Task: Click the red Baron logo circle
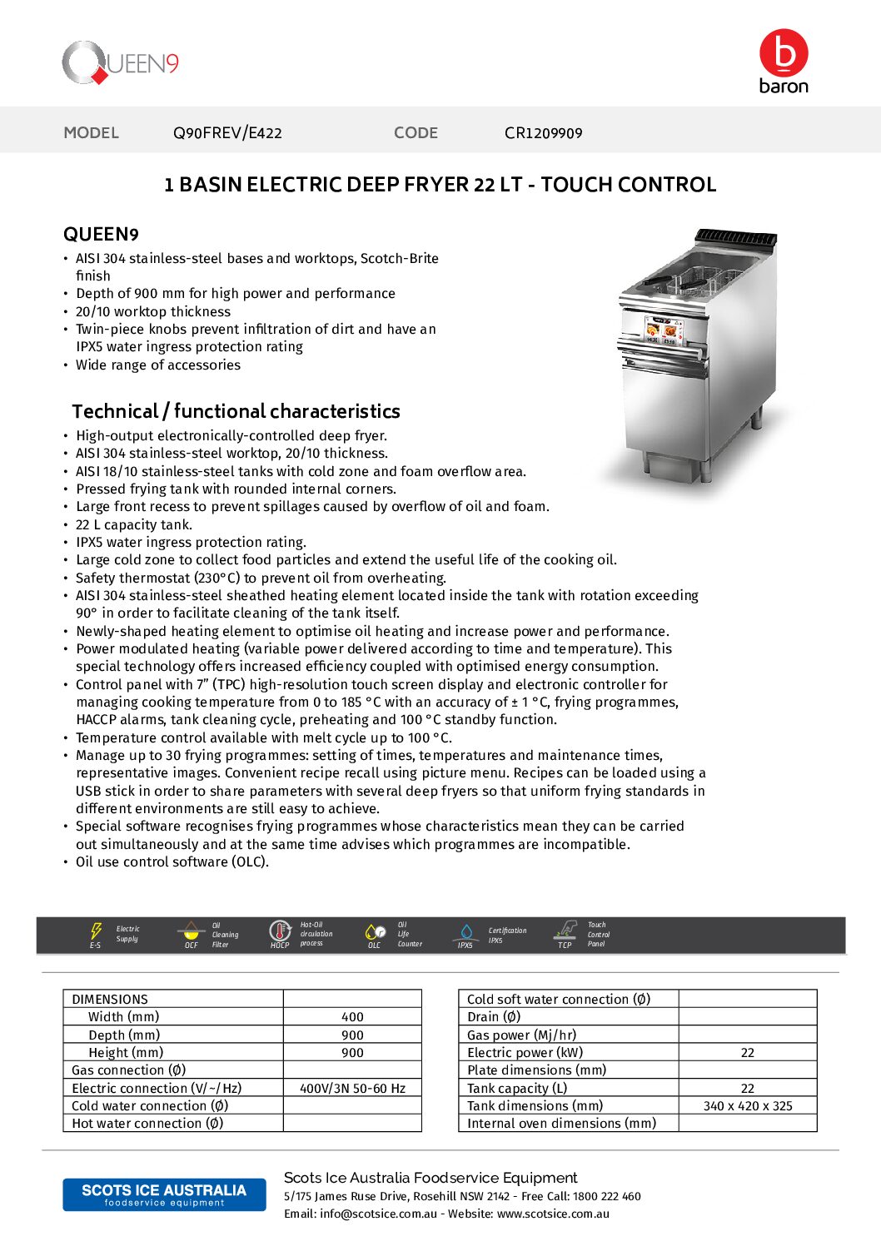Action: [783, 53]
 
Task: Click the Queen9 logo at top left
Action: [120, 63]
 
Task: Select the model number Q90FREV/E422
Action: [227, 132]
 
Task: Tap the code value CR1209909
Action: [543, 132]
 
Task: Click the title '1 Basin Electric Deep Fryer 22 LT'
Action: [440, 184]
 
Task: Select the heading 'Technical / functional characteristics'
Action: [236, 411]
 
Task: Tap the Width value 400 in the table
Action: [352, 1017]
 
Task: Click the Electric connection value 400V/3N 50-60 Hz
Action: [352, 1088]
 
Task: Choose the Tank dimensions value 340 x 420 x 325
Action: [748, 1106]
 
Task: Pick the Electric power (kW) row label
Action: [525, 1053]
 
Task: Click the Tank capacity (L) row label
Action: [516, 1088]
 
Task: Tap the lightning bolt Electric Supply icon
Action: [97, 931]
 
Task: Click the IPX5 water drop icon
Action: [465, 932]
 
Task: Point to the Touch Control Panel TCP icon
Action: [566, 931]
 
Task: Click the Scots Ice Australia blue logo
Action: [164, 1194]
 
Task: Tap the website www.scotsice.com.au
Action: [553, 1214]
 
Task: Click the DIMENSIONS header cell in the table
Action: [110, 999]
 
